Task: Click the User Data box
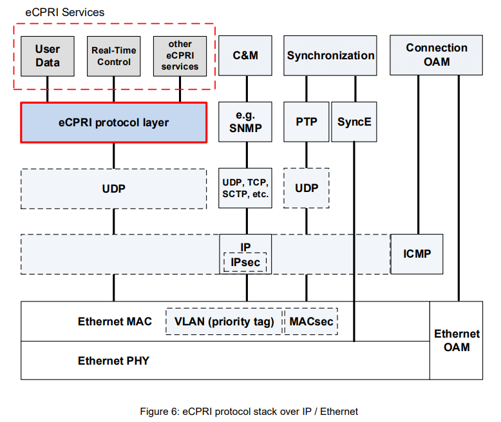point(48,56)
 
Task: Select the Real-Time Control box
point(113,56)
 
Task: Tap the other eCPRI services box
point(180,56)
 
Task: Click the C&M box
point(245,56)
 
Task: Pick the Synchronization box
point(330,56)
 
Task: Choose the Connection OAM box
point(437,55)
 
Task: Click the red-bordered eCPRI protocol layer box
point(114,122)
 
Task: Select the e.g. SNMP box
point(245,122)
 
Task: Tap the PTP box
point(306,122)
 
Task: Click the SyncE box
point(354,122)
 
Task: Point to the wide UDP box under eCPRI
point(114,189)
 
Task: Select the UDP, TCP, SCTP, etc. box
point(245,188)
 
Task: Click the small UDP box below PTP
point(307,188)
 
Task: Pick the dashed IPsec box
point(245,262)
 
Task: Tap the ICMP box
point(417,254)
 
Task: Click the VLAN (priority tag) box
point(224,321)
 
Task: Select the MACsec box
point(311,321)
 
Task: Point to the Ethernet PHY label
point(113,361)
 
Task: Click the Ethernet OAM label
point(457,340)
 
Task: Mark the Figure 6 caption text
point(249,411)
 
